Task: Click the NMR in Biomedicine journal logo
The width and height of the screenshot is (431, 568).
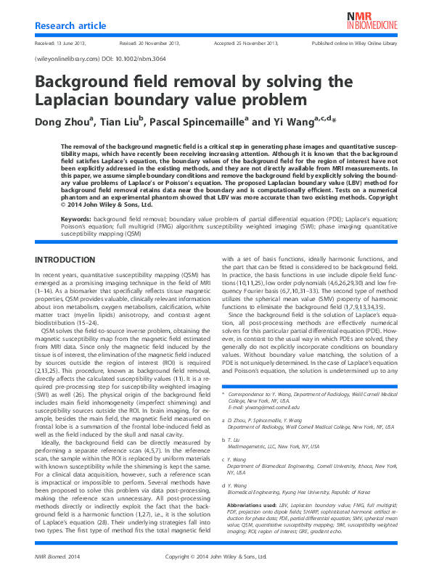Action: (x=372, y=20)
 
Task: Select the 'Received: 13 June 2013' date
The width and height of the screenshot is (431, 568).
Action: (x=58, y=44)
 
